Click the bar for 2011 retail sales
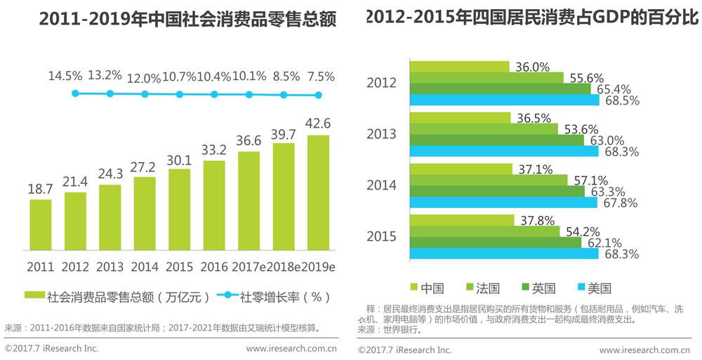point(41,225)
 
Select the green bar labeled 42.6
point(319,193)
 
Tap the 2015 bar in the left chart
point(180,210)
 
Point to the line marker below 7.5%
point(318,95)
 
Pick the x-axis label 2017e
point(250,267)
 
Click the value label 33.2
point(214,149)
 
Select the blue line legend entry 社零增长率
point(284,296)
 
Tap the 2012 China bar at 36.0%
point(460,67)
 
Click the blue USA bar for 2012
point(504,100)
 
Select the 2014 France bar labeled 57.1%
point(488,180)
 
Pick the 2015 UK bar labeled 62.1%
point(495,242)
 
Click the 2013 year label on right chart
point(381,134)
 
